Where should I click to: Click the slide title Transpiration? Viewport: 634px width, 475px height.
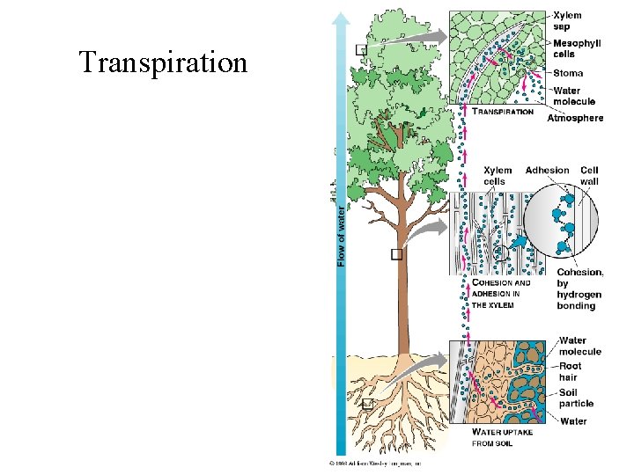(163, 63)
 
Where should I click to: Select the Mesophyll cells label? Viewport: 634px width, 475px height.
(577, 48)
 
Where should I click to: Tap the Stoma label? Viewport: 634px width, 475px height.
(568, 73)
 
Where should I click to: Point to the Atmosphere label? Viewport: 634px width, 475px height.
(575, 118)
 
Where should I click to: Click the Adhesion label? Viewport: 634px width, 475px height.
(547, 171)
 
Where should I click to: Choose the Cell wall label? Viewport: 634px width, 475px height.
(589, 176)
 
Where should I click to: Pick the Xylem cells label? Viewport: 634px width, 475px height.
(498, 176)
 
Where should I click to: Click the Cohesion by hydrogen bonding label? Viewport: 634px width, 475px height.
(579, 289)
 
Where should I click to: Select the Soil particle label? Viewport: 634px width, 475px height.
(576, 398)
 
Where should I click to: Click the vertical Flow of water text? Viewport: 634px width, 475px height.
(341, 234)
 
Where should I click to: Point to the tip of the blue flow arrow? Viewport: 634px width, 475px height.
(341, 14)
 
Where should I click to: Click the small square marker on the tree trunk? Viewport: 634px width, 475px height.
(396, 254)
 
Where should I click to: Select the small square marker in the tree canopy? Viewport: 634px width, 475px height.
(361, 50)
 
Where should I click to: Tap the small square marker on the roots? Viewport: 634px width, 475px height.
(368, 405)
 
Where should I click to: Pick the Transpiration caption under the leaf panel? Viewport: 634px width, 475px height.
(504, 112)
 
